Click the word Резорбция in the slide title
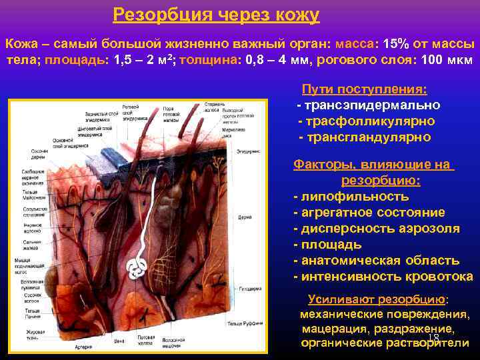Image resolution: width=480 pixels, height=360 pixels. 157,15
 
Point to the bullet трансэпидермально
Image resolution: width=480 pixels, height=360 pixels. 368,105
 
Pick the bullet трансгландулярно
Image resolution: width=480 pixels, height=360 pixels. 365,137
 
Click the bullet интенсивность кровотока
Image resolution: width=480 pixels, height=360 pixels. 383,277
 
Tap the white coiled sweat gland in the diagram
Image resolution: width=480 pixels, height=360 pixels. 139,267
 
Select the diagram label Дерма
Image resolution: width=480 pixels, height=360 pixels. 245,217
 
